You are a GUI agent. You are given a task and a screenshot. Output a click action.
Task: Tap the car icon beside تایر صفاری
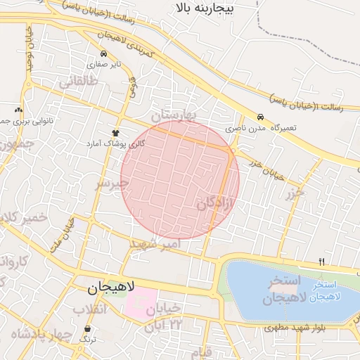(104, 53)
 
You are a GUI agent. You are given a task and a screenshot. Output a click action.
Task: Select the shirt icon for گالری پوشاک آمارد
(115, 132)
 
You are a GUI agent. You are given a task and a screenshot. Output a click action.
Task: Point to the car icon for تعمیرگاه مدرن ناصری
(261, 117)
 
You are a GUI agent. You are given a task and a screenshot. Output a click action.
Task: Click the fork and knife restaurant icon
(321, 262)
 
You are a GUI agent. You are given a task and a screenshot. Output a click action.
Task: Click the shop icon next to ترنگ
(88, 328)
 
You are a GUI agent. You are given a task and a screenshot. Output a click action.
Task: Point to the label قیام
(202, 351)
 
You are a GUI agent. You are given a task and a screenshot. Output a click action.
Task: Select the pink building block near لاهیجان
(141, 302)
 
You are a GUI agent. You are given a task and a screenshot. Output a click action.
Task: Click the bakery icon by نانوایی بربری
(18, 110)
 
